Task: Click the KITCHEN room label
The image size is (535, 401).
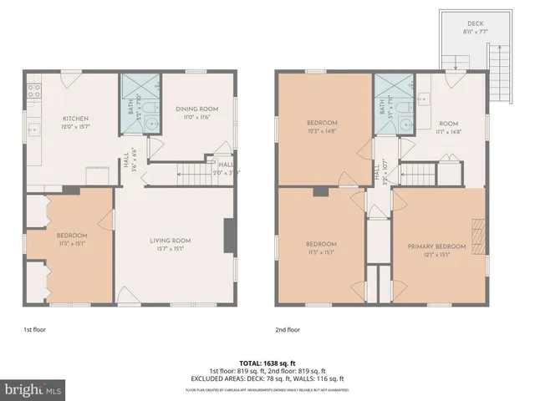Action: (x=75, y=119)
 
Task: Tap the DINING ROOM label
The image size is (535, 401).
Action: (x=196, y=109)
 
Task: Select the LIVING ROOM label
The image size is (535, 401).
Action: (x=171, y=241)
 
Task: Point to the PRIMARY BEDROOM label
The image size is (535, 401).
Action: (x=436, y=246)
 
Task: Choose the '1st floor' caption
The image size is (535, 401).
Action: (x=35, y=329)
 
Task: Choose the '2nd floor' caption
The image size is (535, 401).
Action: (x=288, y=329)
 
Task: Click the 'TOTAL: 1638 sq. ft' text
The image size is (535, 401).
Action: (x=267, y=363)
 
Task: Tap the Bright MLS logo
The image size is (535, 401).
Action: (x=33, y=389)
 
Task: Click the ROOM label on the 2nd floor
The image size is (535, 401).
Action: (x=450, y=123)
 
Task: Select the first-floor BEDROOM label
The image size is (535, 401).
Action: (x=71, y=236)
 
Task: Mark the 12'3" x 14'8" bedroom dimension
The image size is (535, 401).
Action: (x=322, y=130)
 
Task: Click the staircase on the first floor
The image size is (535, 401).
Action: (x=197, y=175)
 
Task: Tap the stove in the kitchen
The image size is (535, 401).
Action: (x=34, y=91)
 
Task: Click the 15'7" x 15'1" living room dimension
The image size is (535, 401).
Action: (x=171, y=248)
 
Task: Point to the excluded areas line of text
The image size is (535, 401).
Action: (x=267, y=378)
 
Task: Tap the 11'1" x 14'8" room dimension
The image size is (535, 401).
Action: (x=450, y=131)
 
